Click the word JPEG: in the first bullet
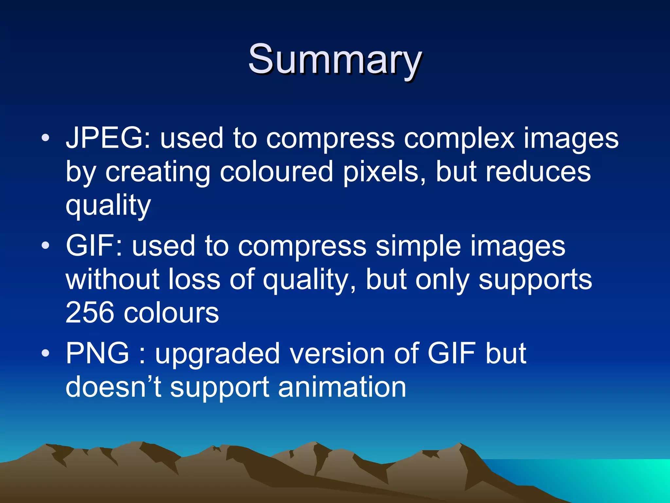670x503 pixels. tap(108, 139)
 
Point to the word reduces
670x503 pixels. tap(538, 172)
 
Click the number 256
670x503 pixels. tap(90, 312)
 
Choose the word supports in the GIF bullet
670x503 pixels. tap(535, 280)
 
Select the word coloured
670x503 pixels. tap(276, 172)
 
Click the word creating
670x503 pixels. tap(158, 172)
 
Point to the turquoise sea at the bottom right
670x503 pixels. tap(605, 478)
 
